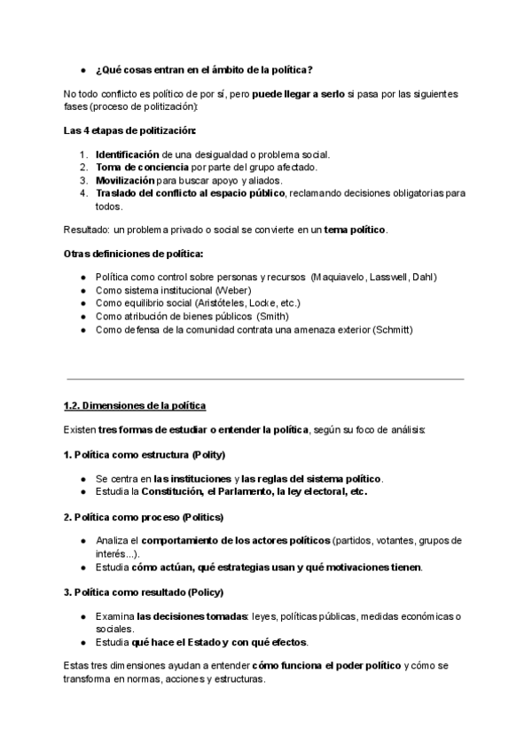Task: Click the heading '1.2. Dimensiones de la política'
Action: (x=135, y=406)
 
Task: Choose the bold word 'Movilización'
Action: (x=130, y=180)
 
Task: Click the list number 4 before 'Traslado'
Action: (x=82, y=193)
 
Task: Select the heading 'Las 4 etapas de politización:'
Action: (x=129, y=131)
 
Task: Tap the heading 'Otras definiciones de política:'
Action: (x=133, y=254)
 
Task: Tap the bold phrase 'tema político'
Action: (x=355, y=230)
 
